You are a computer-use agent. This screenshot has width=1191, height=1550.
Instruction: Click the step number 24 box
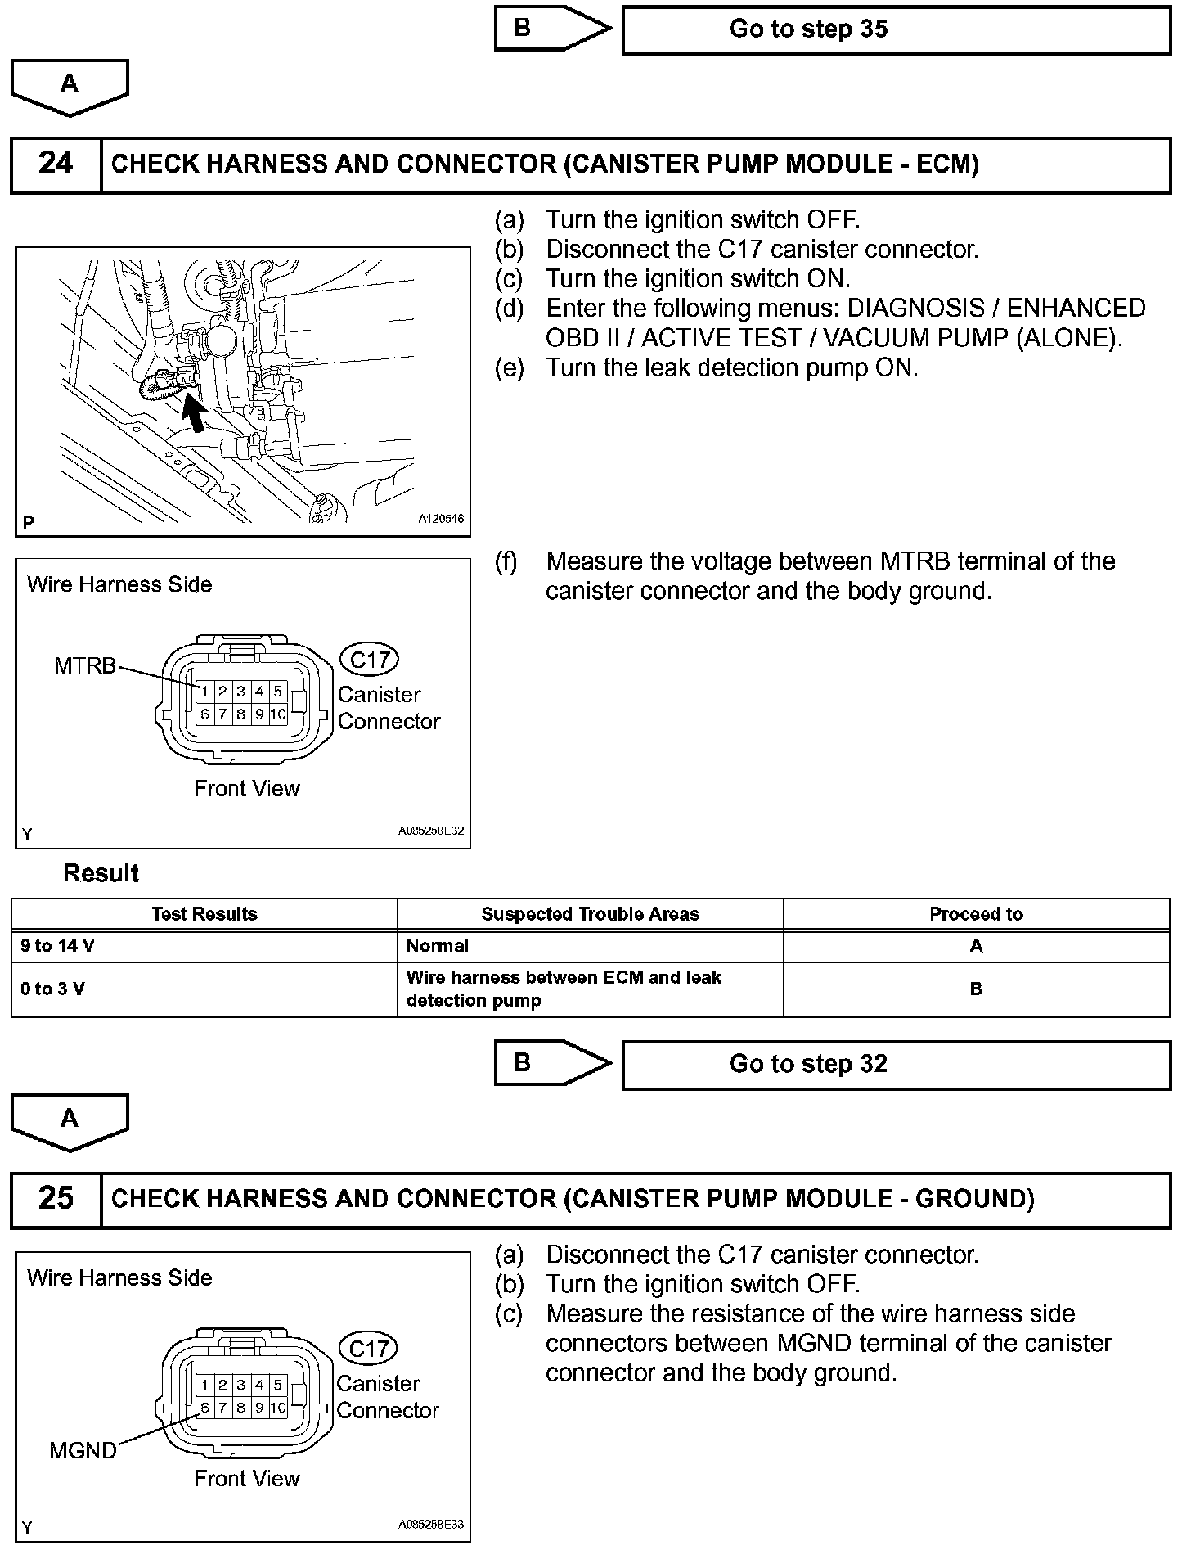(x=56, y=164)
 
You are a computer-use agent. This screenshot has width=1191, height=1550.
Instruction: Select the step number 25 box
(x=56, y=1199)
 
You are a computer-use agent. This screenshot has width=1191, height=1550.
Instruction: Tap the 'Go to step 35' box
(x=896, y=30)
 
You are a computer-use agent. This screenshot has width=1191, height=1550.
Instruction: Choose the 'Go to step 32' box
(x=896, y=1065)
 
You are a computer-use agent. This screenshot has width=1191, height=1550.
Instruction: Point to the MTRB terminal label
(x=85, y=666)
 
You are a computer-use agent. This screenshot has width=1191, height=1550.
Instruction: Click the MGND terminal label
(x=83, y=1451)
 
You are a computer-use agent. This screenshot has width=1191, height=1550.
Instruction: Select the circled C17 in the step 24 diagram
(x=369, y=660)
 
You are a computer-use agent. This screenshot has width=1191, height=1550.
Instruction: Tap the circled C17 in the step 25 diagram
(x=368, y=1349)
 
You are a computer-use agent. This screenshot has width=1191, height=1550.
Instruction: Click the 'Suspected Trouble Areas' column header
(x=590, y=914)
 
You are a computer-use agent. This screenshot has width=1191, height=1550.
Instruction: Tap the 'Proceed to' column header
(x=976, y=914)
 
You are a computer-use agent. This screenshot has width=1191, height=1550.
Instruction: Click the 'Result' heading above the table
(x=101, y=873)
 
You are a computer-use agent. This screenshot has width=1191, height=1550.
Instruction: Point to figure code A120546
(x=441, y=519)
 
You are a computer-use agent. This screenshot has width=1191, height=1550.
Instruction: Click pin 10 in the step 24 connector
(x=278, y=714)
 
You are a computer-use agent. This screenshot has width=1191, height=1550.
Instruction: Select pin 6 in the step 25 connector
(x=204, y=1408)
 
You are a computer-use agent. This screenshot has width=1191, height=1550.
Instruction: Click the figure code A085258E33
(x=431, y=1525)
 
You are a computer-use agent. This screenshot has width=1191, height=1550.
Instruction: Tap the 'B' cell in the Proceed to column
(x=976, y=989)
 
